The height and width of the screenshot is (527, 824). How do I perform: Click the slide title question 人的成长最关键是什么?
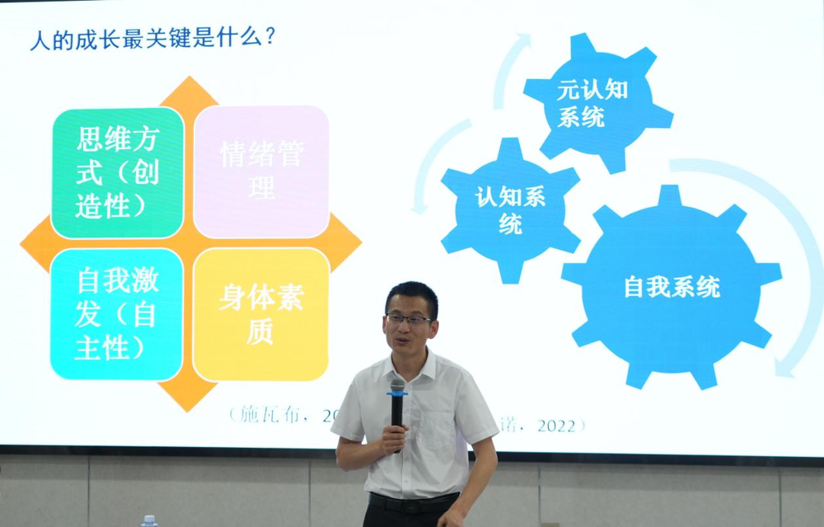click(152, 39)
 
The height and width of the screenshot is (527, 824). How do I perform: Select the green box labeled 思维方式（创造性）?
click(117, 172)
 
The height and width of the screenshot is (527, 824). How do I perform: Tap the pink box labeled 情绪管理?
click(261, 171)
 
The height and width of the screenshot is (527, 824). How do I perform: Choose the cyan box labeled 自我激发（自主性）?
click(116, 314)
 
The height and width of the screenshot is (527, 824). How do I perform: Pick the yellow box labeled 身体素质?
click(260, 314)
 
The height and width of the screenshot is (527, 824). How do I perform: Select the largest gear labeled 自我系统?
click(672, 287)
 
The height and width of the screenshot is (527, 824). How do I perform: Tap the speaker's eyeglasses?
click(410, 319)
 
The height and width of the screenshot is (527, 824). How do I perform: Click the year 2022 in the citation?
click(557, 426)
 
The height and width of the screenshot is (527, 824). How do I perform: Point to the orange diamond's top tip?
click(190, 82)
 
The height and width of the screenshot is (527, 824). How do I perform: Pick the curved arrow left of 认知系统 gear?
click(432, 165)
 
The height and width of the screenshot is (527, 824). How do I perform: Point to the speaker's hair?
click(412, 294)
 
